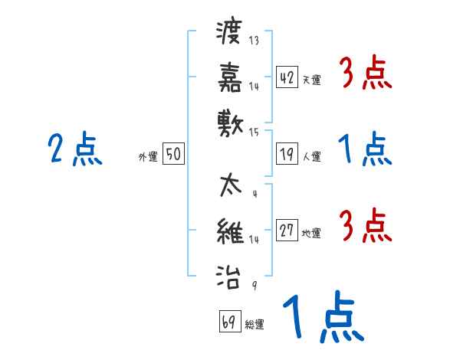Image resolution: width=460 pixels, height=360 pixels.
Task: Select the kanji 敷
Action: coord(229,121)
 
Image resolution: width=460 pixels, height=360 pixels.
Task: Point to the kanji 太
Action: coord(229,186)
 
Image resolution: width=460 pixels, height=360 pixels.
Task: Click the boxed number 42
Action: coord(287,77)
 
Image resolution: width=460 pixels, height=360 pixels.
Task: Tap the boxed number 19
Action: coord(287,155)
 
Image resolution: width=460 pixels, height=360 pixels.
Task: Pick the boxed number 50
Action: coord(172,155)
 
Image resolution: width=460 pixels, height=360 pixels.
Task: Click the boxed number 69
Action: coord(229,322)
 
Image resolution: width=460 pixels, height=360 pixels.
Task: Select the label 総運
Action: coord(255,324)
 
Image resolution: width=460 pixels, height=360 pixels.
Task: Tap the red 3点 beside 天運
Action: coord(365,74)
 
